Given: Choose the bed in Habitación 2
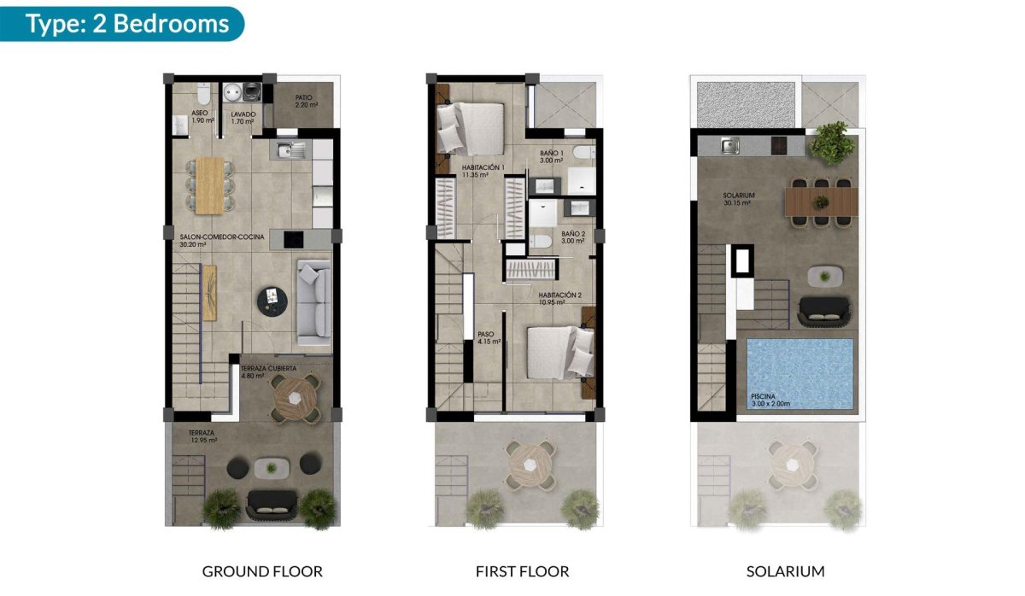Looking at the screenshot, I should [558, 352].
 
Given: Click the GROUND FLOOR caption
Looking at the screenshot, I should [262, 571].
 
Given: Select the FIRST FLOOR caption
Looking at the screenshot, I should [523, 571].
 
